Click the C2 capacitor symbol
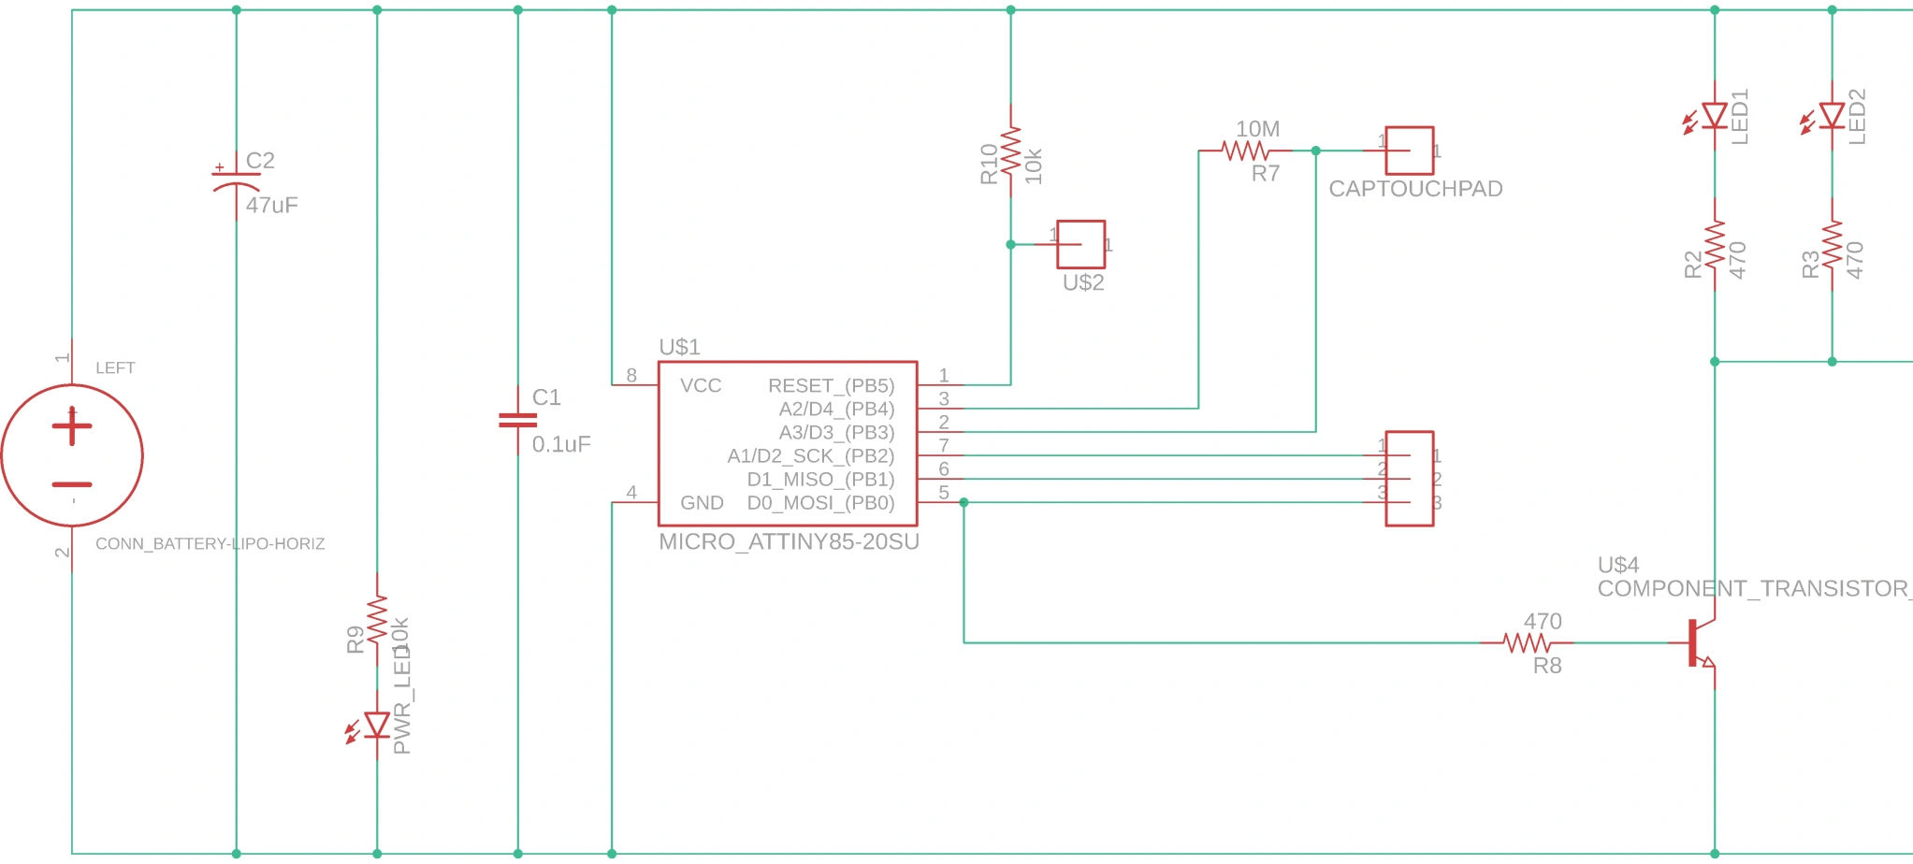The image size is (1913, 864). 236,180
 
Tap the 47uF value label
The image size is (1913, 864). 271,205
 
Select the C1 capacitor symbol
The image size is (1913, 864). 517,420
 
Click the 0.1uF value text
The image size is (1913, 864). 561,444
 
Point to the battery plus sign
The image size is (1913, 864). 72,427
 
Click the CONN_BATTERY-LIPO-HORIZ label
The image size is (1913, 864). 210,543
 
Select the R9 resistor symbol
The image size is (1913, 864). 377,619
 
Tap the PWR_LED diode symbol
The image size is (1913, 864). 377,725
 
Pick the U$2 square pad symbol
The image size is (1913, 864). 1081,244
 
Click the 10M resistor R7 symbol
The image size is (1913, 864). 1246,150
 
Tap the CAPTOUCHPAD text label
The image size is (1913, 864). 1414,189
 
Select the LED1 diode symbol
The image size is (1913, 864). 1714,117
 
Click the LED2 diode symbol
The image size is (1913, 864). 1832,117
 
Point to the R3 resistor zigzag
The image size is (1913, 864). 1832,244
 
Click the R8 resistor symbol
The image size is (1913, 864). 1527,642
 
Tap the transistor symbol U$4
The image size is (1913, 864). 1701,643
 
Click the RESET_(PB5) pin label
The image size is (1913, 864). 831,385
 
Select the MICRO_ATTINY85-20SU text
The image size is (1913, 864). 789,542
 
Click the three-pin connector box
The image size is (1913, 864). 1409,478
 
